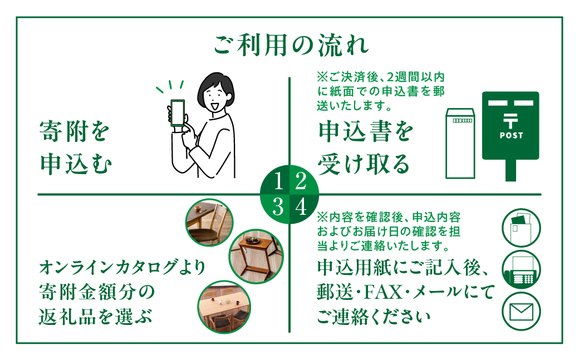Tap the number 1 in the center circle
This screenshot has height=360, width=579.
[279, 181]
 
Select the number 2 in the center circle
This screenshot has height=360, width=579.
[301, 181]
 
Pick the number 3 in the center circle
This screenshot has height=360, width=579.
[279, 208]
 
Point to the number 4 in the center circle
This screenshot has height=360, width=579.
[301, 208]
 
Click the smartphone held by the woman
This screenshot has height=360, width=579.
[177, 114]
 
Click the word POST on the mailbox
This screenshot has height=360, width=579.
[511, 135]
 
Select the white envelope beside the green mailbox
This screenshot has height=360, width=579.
[460, 143]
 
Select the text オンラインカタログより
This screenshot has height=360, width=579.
[122, 268]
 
